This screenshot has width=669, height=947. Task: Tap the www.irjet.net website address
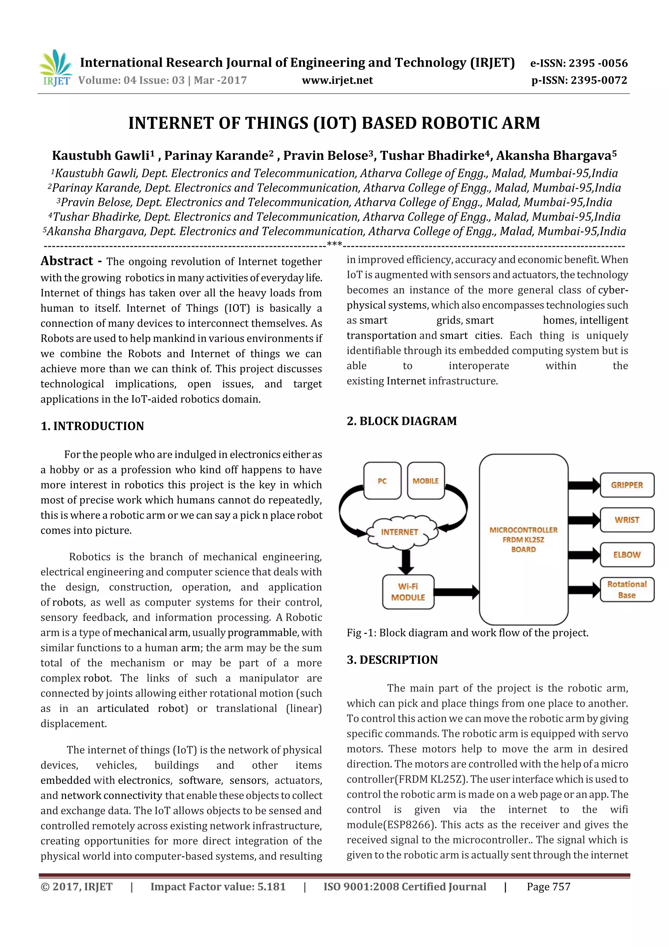pos(337,80)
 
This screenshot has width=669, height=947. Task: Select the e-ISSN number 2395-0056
pos(579,63)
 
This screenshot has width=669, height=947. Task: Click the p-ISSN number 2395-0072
pos(579,80)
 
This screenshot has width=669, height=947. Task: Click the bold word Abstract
pos(67,261)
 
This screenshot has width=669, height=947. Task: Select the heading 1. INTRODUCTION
pos(92,426)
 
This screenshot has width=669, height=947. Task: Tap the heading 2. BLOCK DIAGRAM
pos(401,421)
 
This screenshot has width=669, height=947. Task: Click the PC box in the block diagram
pos(382,481)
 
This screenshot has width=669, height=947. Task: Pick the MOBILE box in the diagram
pos(425,481)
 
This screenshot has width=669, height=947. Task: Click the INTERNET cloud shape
pos(399,532)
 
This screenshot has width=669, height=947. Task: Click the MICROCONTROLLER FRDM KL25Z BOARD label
pos(523,539)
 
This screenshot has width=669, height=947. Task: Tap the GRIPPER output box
pos(627,485)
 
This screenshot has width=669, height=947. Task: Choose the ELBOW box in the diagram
pos(627,555)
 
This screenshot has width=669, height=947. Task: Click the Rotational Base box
pos(627,589)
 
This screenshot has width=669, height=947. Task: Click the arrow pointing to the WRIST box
pos(584,520)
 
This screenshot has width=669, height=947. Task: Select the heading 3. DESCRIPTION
pos(392,660)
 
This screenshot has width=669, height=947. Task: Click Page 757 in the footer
pos(548,887)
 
